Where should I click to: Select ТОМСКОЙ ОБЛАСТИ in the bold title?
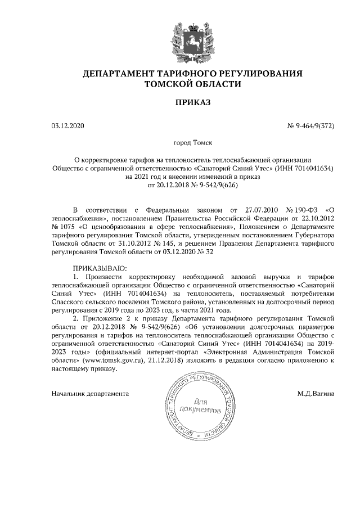coord(192,85)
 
